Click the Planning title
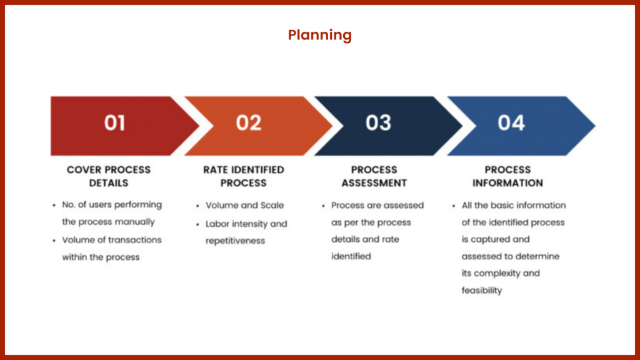(x=319, y=36)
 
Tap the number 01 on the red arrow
(x=115, y=122)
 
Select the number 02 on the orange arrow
(x=249, y=122)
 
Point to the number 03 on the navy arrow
(x=378, y=122)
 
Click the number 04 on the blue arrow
(x=511, y=122)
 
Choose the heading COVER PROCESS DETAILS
(x=109, y=176)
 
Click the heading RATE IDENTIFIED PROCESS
(x=244, y=176)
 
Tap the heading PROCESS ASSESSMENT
(x=374, y=176)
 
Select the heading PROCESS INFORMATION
(x=507, y=176)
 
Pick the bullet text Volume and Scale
(x=244, y=205)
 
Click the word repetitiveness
(x=235, y=241)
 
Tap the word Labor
(x=217, y=224)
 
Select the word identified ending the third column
(x=351, y=256)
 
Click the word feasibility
(x=482, y=291)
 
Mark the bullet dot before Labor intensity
(x=197, y=224)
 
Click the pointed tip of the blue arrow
(x=596, y=126)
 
